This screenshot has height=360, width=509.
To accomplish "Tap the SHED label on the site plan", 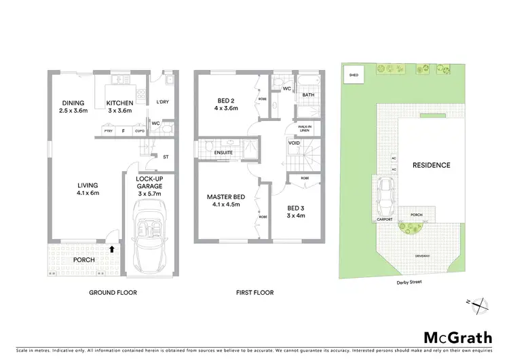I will coord(353,75).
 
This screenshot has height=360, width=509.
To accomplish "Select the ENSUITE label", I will coord(223,152).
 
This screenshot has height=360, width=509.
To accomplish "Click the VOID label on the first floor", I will coord(295,143).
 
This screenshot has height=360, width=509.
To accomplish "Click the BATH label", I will coord(308,95).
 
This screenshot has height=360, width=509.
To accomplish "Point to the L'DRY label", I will coord(162,102).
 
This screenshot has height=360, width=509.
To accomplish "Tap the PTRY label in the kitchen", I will coord(107,130).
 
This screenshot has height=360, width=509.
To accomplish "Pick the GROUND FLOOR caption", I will coord(113,293).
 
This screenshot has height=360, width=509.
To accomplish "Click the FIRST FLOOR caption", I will coord(255,293).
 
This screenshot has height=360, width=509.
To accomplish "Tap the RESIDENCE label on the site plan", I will coord(431,165).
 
